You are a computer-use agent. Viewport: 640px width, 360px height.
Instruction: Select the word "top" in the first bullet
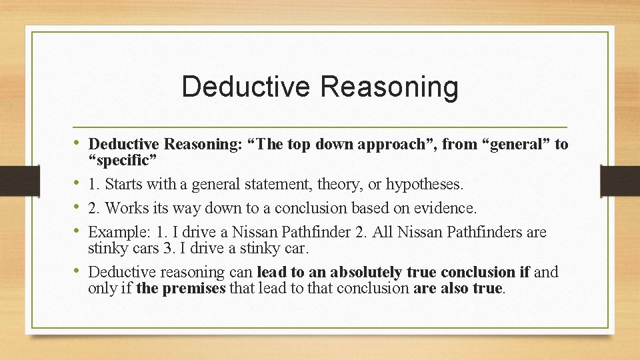coord(297,144)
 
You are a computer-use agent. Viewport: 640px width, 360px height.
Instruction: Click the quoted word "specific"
coord(123,161)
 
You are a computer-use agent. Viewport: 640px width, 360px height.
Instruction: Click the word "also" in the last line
coord(455,289)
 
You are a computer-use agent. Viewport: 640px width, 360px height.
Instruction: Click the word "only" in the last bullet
coord(102,289)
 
